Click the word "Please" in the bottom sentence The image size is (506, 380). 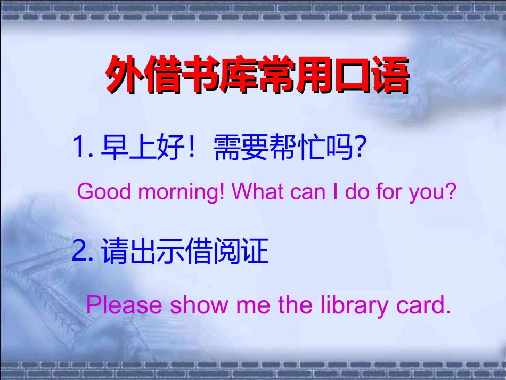124,305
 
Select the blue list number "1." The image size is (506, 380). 83,147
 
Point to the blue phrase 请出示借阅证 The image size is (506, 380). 185,252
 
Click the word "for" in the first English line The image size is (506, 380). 393,191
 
